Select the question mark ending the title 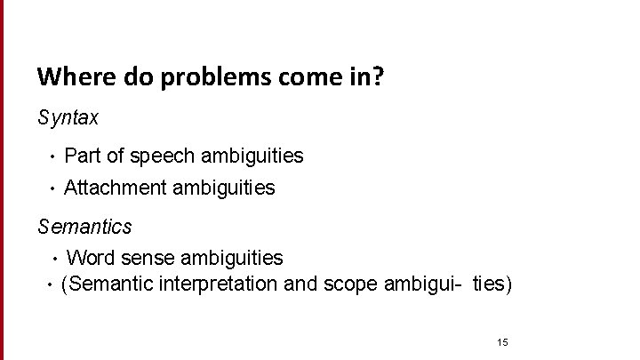point(380,76)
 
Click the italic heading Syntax point(68,117)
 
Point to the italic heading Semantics point(84,227)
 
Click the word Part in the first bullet point(83,156)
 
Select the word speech point(162,157)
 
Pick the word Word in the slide point(90,258)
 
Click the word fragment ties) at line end point(492,284)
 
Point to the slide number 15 point(502,342)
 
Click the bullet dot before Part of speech point(53,158)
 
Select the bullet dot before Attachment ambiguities point(53,189)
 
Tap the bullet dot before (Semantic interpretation point(50,286)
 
